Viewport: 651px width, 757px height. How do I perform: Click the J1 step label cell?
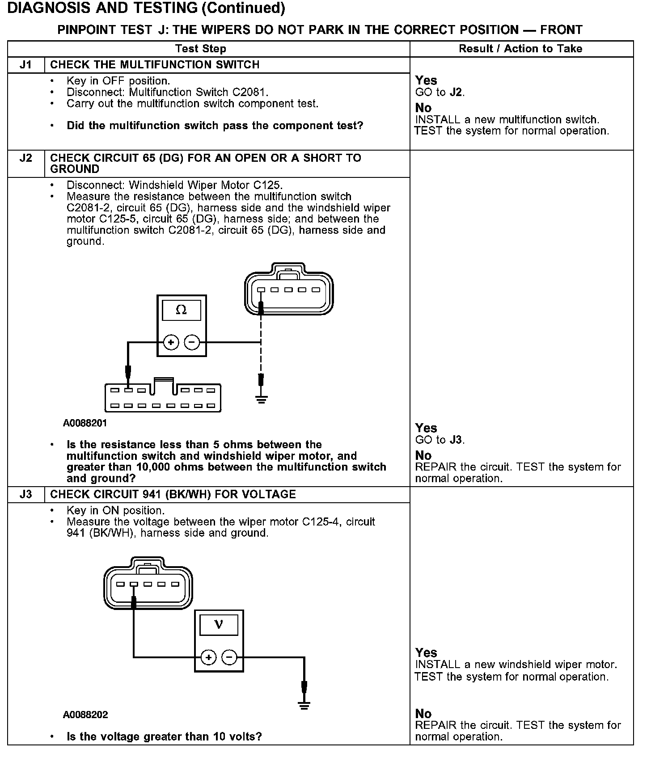(x=26, y=65)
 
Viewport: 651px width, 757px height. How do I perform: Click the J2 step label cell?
(x=26, y=158)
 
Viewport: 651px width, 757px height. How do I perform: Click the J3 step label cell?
(x=26, y=494)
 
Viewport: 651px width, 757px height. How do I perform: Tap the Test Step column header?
(x=200, y=49)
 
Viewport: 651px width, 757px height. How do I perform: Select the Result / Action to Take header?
(x=520, y=49)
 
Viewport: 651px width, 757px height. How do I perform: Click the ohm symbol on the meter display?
(x=181, y=310)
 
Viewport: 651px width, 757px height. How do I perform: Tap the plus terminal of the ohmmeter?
(x=171, y=343)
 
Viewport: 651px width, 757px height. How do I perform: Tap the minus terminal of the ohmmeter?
(x=192, y=343)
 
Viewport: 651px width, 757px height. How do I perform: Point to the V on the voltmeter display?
(x=219, y=624)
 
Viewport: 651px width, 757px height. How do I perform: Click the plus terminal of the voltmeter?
(x=208, y=657)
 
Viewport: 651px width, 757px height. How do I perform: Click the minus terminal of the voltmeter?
(x=229, y=657)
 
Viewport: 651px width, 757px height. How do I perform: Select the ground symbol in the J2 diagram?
(x=262, y=399)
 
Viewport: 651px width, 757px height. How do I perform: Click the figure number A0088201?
(x=85, y=423)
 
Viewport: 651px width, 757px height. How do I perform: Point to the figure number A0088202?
(x=85, y=715)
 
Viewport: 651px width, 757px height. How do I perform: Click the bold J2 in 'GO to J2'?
(x=456, y=93)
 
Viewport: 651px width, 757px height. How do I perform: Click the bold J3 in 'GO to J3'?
(x=456, y=440)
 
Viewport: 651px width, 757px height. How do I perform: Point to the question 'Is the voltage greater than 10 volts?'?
(x=164, y=736)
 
